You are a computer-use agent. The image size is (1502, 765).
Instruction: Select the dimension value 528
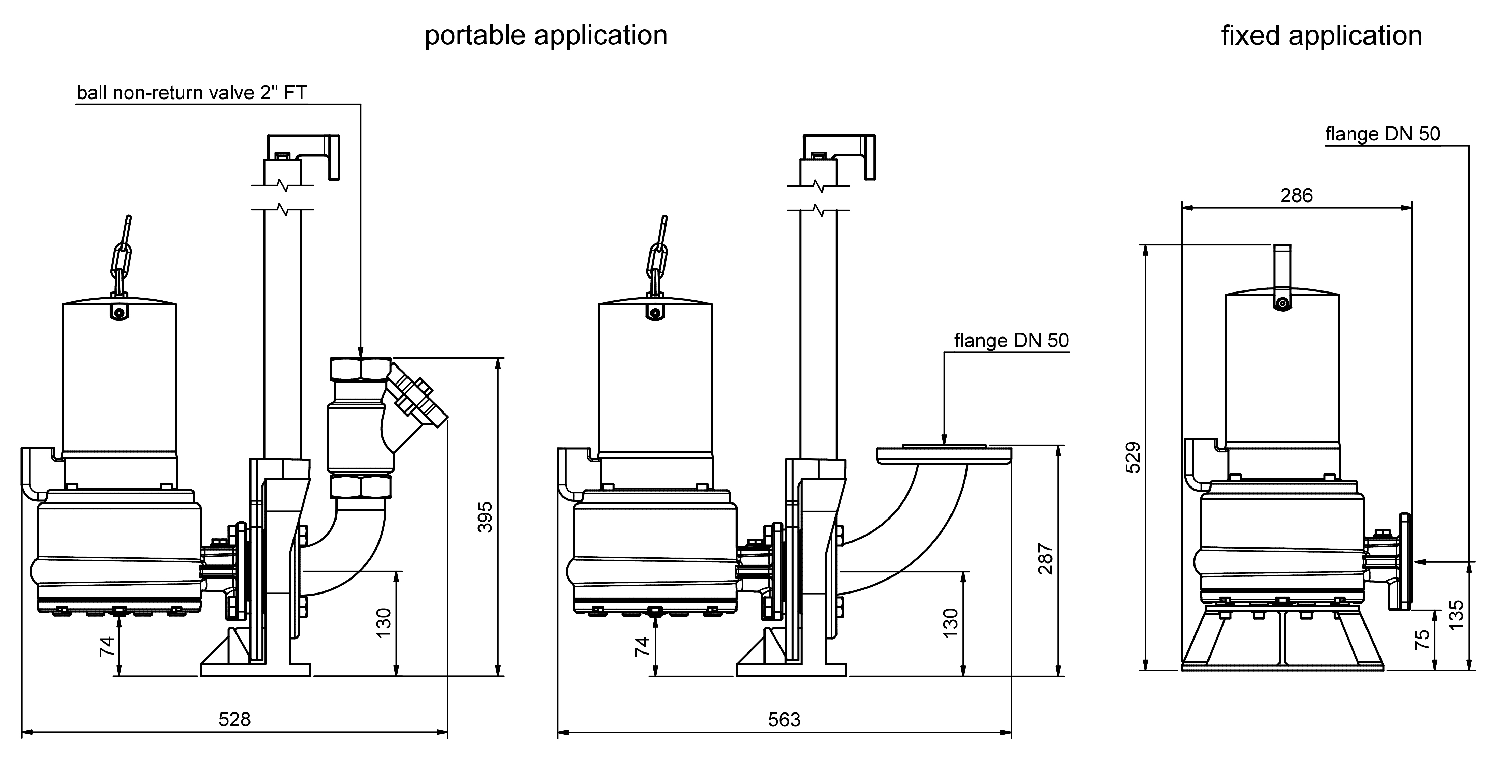pyautogui.click(x=234, y=720)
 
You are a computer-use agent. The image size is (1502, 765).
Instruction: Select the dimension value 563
pyautogui.click(x=784, y=720)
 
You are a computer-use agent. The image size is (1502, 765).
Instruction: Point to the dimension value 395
pyautogui.click(x=485, y=517)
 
